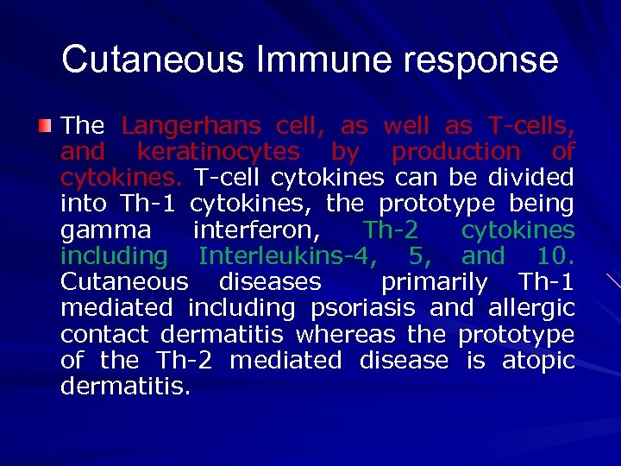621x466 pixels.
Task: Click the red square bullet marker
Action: coord(44,127)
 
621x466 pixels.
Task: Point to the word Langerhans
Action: coord(191,126)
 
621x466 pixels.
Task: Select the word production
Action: coord(456,152)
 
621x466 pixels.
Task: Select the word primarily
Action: coord(434,282)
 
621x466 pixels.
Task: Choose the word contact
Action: coord(108,334)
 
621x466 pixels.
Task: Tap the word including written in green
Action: coord(115,256)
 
